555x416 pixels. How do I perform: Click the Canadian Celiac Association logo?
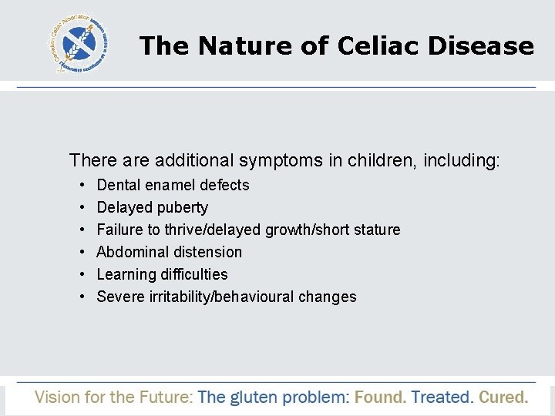[x=82, y=44]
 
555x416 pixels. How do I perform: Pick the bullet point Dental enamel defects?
[x=173, y=185]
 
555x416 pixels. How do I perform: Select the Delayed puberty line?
[x=152, y=207]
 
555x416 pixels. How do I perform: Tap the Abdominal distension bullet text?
[x=169, y=252]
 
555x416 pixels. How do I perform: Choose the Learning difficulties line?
[x=162, y=274]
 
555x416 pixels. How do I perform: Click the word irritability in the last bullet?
[x=180, y=297]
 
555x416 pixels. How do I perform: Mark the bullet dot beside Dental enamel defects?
[x=82, y=186]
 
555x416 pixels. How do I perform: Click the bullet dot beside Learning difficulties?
[x=82, y=275]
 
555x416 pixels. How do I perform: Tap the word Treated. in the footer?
[x=442, y=398]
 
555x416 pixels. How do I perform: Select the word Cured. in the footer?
[x=503, y=398]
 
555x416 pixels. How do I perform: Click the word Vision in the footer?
[x=57, y=398]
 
